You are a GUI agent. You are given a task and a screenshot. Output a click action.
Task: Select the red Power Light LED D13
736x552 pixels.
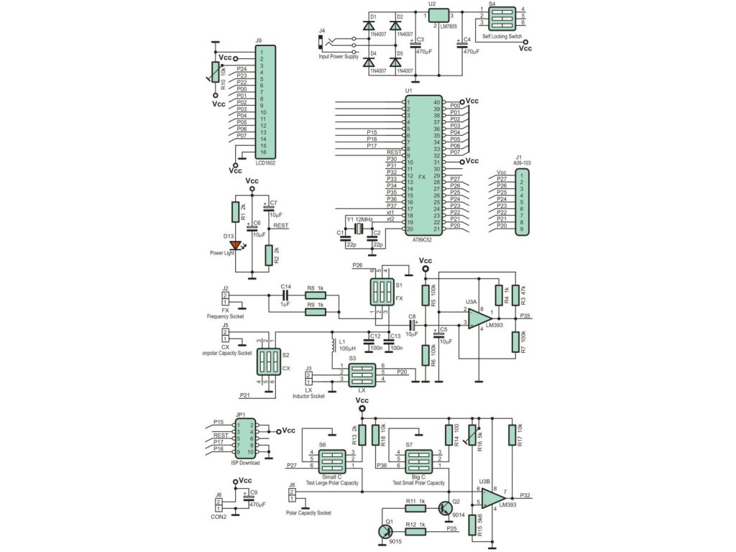(x=234, y=245)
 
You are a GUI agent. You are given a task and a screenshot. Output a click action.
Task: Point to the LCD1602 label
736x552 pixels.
(x=265, y=162)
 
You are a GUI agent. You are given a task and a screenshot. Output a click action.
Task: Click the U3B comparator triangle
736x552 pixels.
(x=492, y=496)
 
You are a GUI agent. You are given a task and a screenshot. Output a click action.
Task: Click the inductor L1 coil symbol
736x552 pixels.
(x=332, y=346)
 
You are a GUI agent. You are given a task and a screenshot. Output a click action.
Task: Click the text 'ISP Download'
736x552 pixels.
(x=245, y=462)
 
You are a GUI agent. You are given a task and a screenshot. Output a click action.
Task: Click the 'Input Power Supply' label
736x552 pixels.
(x=338, y=56)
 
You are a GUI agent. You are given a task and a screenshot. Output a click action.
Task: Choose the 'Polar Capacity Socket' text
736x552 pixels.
(x=308, y=512)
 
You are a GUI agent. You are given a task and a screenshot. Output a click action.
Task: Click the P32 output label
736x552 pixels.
(x=525, y=496)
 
